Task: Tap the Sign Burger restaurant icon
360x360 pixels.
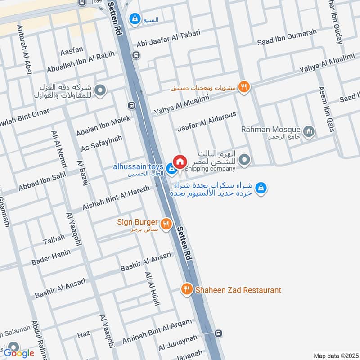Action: tap(166, 223)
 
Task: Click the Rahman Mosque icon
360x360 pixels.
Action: tap(309, 131)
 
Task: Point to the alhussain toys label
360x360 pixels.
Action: tap(138, 167)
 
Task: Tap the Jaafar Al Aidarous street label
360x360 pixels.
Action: tap(207, 122)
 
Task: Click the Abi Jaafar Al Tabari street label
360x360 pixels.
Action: tap(168, 39)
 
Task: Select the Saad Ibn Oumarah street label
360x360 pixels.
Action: tap(287, 37)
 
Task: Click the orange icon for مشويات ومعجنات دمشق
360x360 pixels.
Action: tap(244, 87)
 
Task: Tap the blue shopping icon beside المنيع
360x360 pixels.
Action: tap(134, 19)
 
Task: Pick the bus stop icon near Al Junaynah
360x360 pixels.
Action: tap(219, 333)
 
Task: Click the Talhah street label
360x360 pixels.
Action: tap(54, 240)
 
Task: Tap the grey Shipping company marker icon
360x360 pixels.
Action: tap(244, 160)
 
